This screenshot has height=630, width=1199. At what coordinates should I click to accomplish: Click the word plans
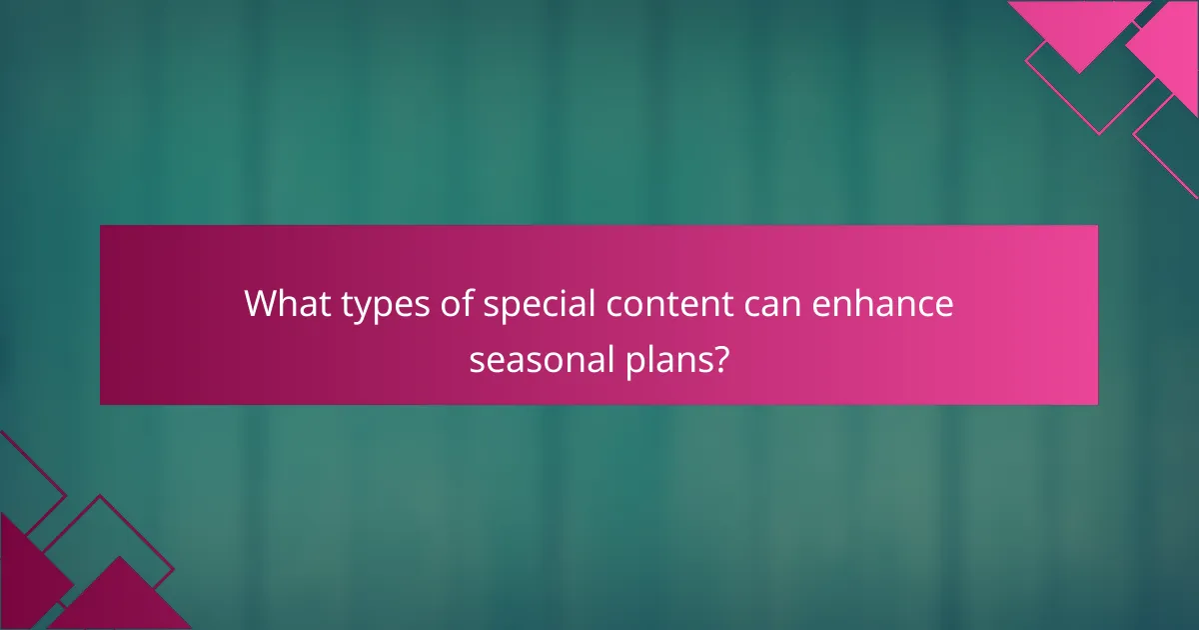(665, 360)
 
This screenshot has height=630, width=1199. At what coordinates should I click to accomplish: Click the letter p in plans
(631, 362)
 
